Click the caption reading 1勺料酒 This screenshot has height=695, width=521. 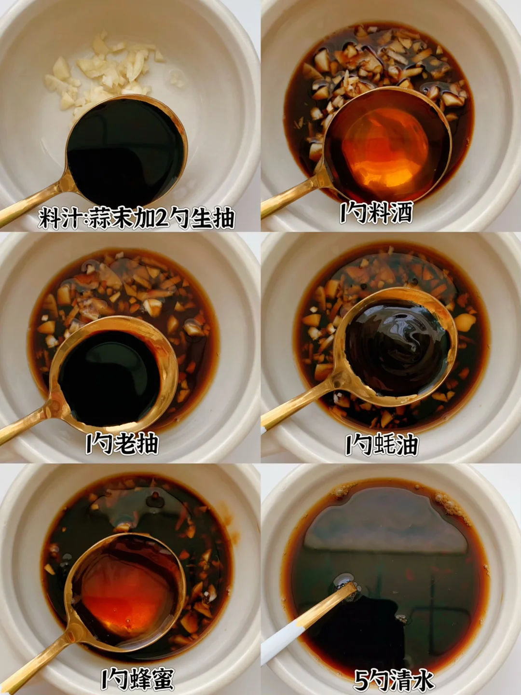pos(376,213)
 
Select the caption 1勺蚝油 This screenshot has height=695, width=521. pos(382,445)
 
